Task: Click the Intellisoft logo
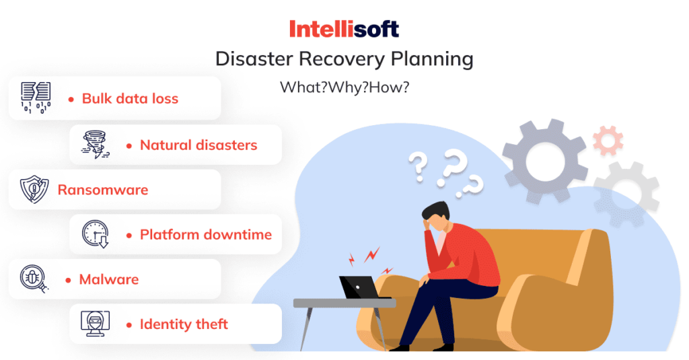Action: pyautogui.click(x=344, y=29)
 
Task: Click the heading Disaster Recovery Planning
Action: pyautogui.click(x=344, y=59)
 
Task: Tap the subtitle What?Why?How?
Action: pyautogui.click(x=344, y=87)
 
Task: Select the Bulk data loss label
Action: pyautogui.click(x=130, y=98)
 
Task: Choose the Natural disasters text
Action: pyautogui.click(x=198, y=145)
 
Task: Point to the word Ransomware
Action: pyautogui.click(x=103, y=190)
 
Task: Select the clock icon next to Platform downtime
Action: pyautogui.click(x=96, y=234)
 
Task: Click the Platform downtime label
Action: pyautogui.click(x=206, y=235)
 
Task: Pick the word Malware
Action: pyautogui.click(x=109, y=279)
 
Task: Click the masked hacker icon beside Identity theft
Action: pyautogui.click(x=96, y=324)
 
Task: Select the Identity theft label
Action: pyautogui.click(x=184, y=324)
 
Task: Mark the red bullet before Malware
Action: pyautogui.click(x=68, y=279)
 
